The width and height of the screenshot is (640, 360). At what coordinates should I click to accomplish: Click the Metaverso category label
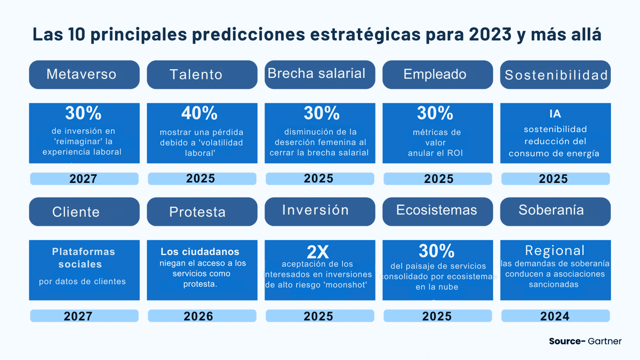81,74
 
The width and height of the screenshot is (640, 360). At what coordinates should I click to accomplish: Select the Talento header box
196,75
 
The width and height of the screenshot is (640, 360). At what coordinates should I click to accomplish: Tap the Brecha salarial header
316,74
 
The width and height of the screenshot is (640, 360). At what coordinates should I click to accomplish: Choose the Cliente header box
76,212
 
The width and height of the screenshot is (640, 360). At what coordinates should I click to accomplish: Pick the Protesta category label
197,212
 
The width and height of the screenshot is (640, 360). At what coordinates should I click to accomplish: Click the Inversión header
315,210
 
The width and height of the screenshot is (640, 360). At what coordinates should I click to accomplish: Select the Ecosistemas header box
436,210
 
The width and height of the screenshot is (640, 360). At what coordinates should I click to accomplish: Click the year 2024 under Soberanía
555,316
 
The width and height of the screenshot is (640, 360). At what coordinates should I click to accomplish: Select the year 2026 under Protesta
198,316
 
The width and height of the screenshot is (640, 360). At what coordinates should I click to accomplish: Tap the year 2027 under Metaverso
84,179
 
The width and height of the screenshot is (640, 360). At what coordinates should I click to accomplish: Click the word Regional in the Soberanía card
555,251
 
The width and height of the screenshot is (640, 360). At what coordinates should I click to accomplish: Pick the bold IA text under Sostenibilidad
555,114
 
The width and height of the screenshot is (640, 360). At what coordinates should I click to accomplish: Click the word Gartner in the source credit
605,341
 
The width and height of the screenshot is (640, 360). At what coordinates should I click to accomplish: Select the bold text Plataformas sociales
83,258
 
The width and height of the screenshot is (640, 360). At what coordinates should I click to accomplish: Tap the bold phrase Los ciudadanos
200,252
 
